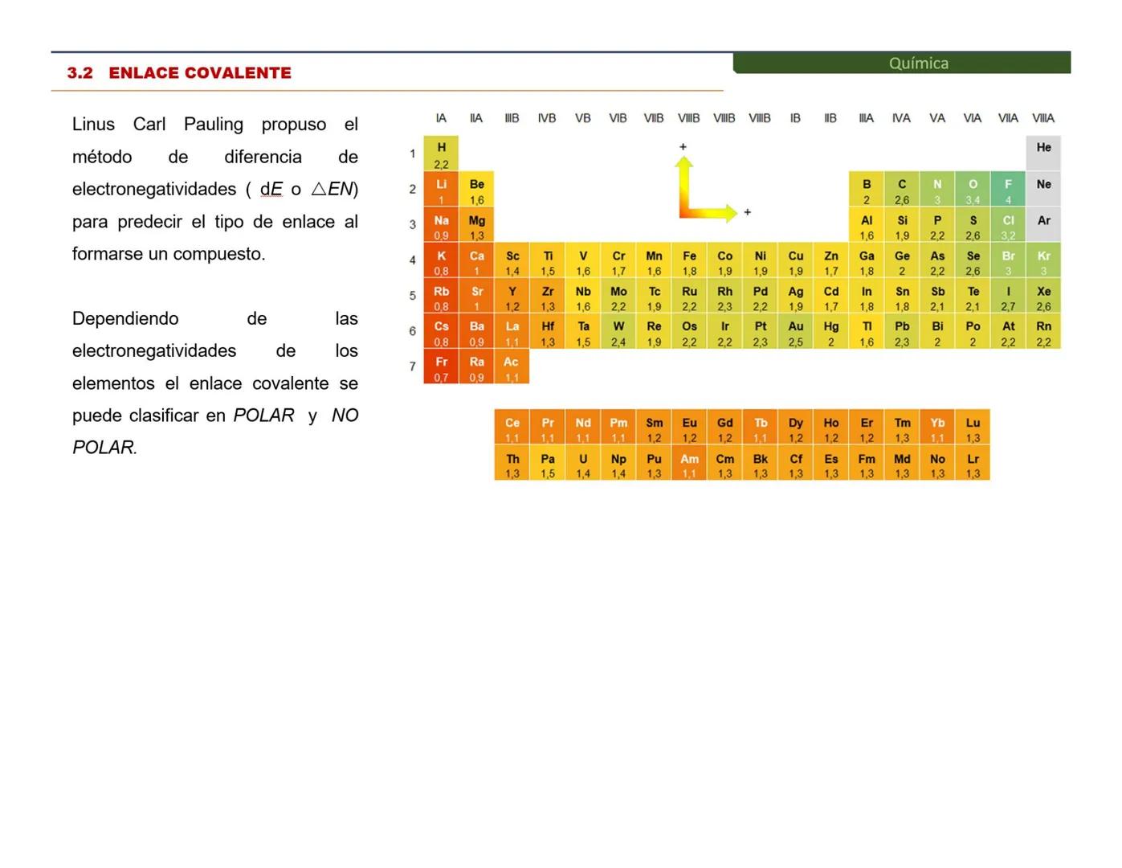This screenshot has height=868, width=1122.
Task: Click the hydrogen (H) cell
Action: pos(441,154)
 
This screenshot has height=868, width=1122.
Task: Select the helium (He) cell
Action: pos(1043,154)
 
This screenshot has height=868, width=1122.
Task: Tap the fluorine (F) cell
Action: pos(1008,190)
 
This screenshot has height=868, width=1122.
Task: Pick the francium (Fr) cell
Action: pos(441,367)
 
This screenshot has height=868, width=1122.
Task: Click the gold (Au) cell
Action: pos(795,332)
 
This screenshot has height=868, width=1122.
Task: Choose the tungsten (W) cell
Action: pos(618,332)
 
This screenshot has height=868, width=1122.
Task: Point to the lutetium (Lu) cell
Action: pos(973,428)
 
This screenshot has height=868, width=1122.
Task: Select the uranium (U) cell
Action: pos(583,465)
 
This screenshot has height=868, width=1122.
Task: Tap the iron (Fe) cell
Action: pos(689,261)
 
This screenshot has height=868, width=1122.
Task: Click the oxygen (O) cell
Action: pos(973,190)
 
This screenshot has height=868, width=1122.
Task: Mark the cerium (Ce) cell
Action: pos(512,428)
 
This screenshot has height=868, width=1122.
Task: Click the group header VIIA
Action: pos(1008,118)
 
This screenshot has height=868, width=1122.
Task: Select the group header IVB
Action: pos(547,118)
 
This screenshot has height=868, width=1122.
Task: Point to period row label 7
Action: pos(413,366)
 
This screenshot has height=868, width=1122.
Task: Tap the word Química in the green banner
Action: pos(918,63)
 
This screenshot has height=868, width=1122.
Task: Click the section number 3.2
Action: pos(80,73)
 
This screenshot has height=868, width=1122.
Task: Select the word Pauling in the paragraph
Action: pos(213,125)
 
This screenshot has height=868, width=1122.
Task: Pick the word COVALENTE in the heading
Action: pos(238,73)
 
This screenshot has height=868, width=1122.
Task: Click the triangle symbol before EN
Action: pos(319,189)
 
